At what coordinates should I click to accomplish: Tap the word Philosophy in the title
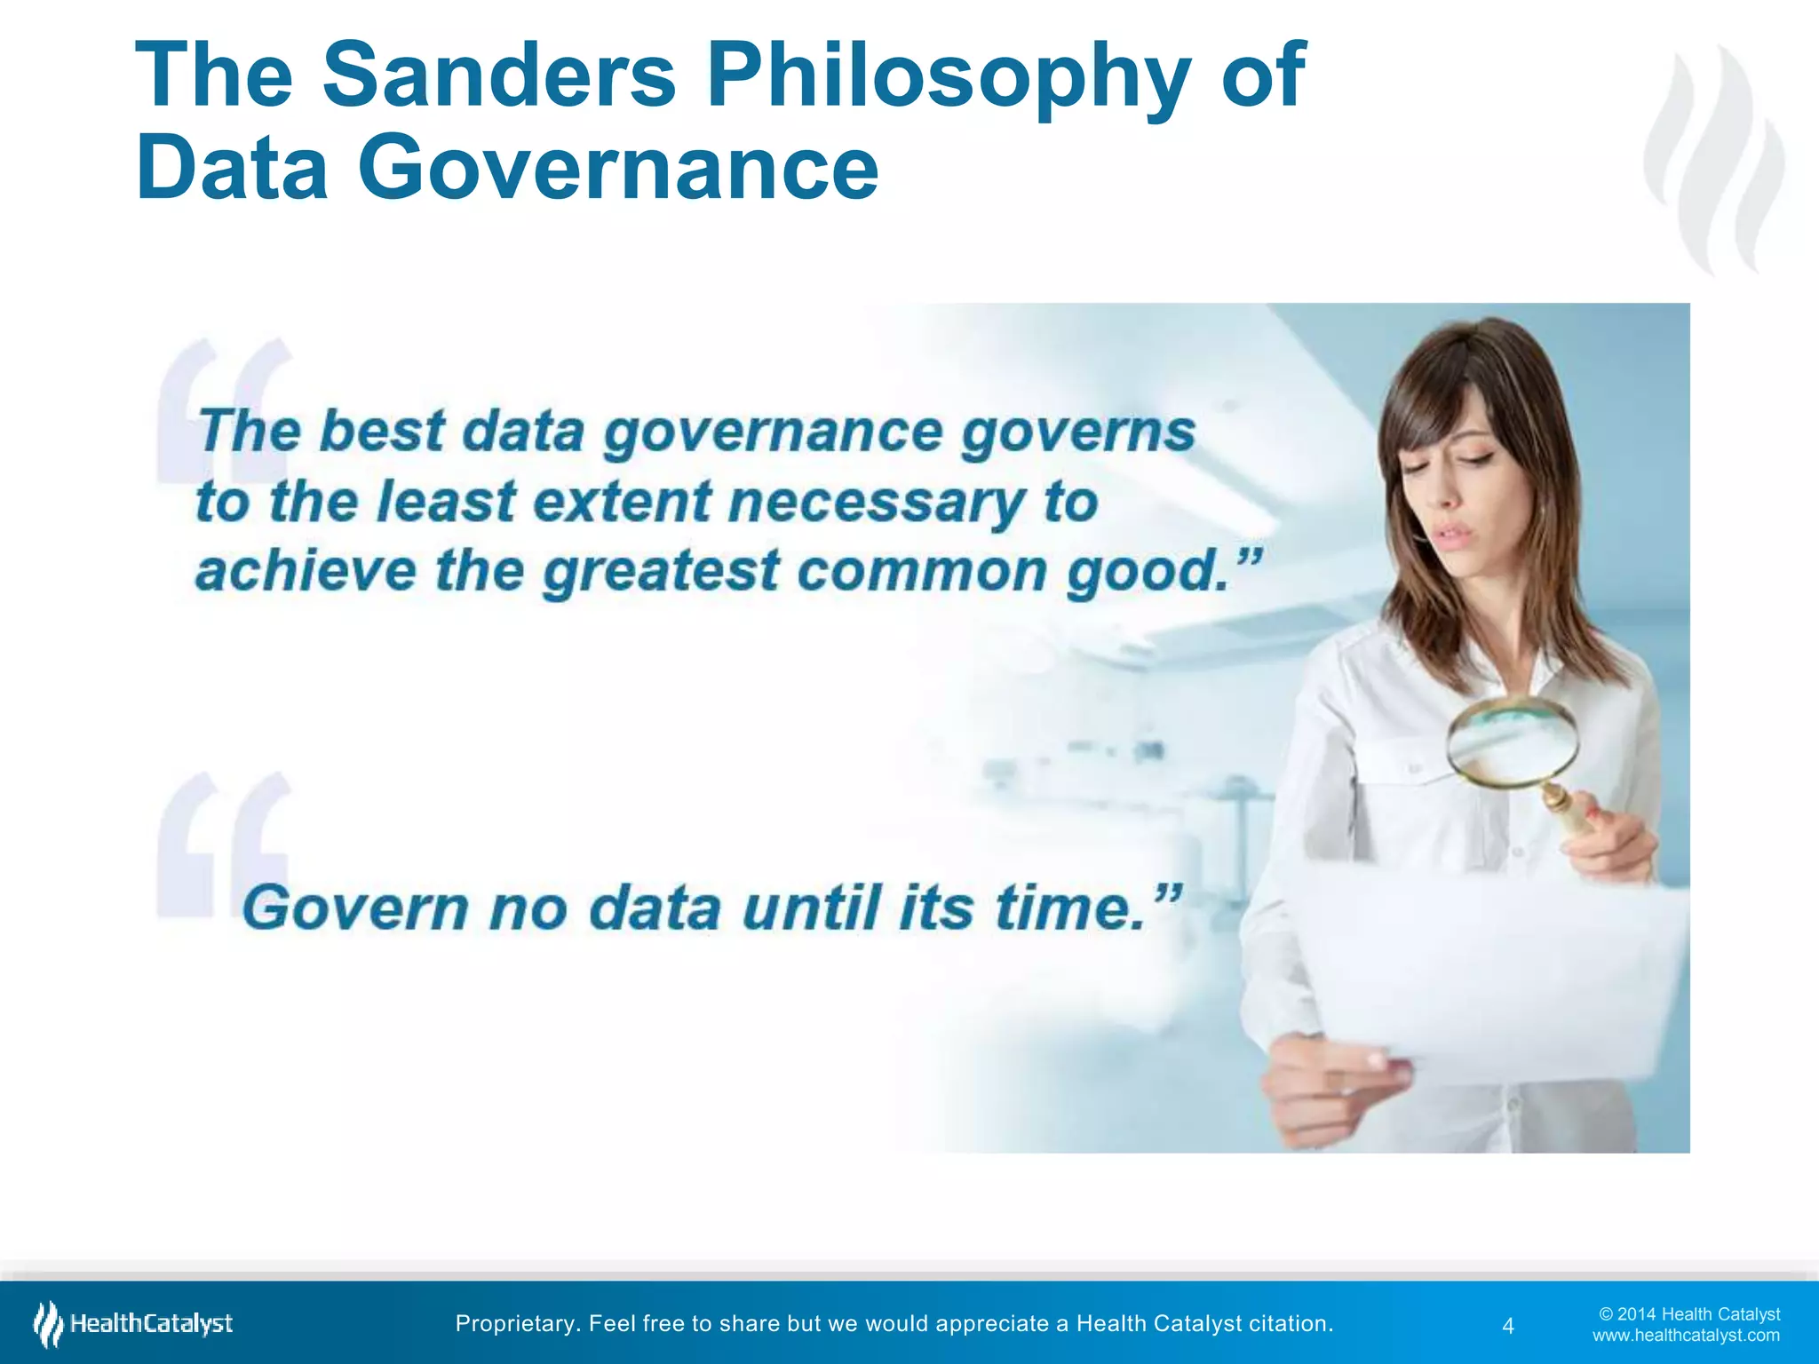coord(948,78)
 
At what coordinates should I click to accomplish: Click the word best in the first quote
coord(381,432)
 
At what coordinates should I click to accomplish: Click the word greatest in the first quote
coord(661,571)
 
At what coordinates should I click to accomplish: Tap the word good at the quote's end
coord(1148,571)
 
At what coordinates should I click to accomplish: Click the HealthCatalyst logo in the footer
coord(133,1323)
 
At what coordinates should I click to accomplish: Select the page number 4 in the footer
coord(1507,1326)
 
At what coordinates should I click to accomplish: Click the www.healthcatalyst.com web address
coord(1686,1335)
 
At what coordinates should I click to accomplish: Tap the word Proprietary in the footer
coord(518,1323)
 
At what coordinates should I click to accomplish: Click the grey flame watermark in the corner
coord(1714,160)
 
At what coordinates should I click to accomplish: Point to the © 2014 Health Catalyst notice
coord(1689,1313)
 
